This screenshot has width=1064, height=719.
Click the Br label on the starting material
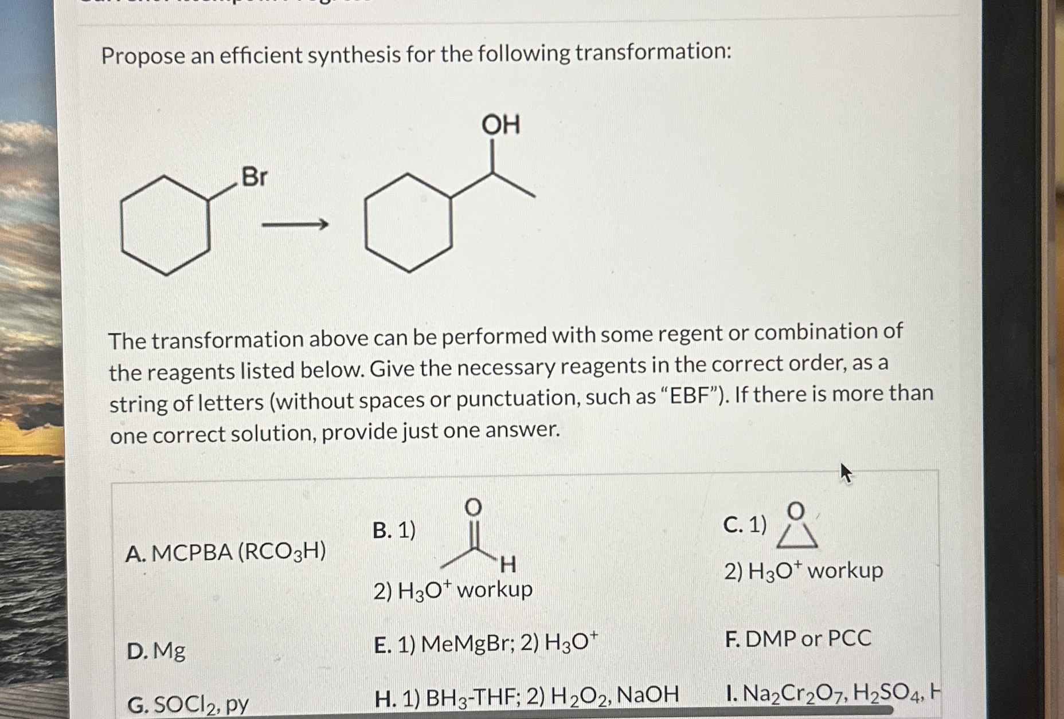click(254, 177)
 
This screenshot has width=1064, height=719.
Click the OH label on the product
click(500, 125)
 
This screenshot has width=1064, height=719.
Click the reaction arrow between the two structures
click(295, 225)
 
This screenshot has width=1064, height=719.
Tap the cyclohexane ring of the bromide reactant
click(166, 225)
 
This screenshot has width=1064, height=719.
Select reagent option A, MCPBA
click(225, 553)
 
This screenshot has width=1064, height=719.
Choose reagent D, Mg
click(157, 651)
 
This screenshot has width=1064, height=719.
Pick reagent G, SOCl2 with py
click(188, 704)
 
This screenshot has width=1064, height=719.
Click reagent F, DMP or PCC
click(797, 638)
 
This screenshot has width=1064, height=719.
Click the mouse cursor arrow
click(846, 473)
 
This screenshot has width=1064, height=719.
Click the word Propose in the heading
click(143, 56)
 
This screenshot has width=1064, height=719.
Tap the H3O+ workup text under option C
click(803, 571)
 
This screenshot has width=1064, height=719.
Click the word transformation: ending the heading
click(653, 52)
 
